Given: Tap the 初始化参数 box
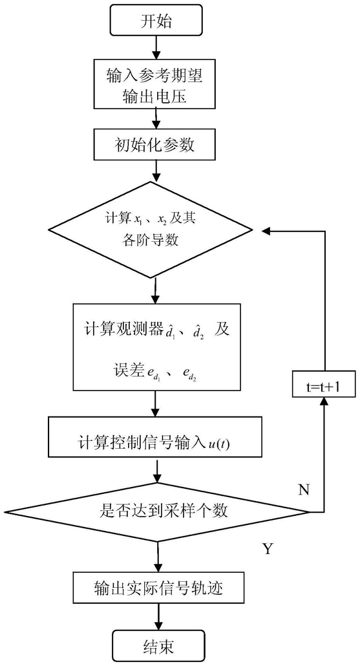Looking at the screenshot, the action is pyautogui.click(x=157, y=145).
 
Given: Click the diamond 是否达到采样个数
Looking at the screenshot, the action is pyautogui.click(x=157, y=512).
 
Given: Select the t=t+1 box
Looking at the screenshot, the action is pyautogui.click(x=324, y=384).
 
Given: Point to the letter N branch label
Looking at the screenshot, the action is pyautogui.click(x=304, y=490).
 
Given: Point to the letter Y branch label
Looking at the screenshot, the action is pyautogui.click(x=268, y=549).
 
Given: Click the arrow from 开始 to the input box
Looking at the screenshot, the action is pyautogui.click(x=156, y=48).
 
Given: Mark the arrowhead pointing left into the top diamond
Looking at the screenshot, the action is pyautogui.click(x=266, y=231).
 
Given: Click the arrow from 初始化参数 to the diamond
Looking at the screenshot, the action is pyautogui.click(x=156, y=171).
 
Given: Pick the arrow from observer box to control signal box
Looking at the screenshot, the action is pyautogui.click(x=156, y=403).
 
